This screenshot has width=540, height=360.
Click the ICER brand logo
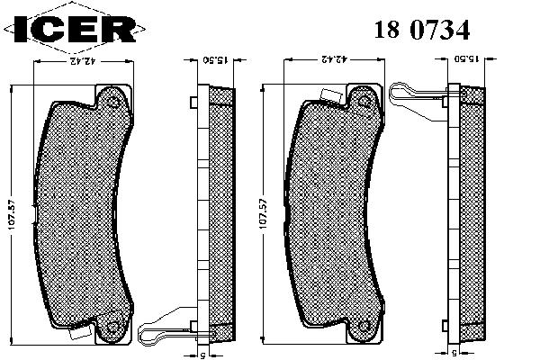75,28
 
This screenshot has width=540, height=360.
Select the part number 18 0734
422,30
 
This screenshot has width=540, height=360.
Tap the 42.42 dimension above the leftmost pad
83,61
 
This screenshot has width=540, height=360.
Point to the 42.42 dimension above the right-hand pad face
333,59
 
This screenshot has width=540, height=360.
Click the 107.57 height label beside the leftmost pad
12,213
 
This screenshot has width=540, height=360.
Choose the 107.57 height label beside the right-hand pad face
263,213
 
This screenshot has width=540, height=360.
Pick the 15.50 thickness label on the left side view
215,60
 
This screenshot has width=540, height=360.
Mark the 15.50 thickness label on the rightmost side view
466,58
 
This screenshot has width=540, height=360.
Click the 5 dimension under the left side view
202,355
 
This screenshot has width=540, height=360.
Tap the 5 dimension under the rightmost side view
454,353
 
